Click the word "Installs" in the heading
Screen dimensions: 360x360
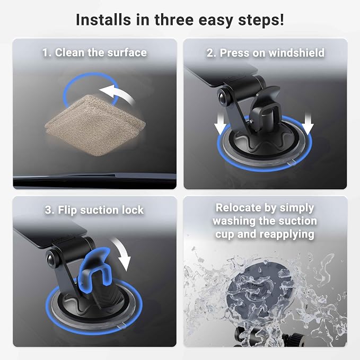point(103,20)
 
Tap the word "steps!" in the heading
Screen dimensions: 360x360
point(261,21)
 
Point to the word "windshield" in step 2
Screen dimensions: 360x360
point(296,53)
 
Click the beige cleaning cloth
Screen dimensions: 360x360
point(95,125)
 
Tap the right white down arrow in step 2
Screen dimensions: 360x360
point(308,123)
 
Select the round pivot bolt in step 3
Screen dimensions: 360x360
point(51,259)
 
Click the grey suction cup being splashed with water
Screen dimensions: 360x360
point(260,294)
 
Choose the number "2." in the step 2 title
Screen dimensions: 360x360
point(211,53)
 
